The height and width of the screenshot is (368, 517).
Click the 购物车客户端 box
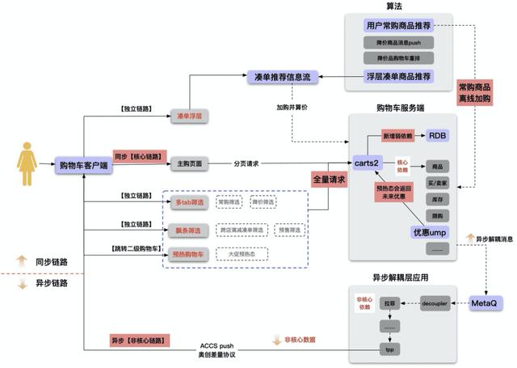(82, 163)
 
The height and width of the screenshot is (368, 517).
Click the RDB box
(437, 134)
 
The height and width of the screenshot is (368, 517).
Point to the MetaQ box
(487, 303)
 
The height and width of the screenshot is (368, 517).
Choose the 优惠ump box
(430, 233)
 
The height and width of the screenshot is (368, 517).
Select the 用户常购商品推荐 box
(398, 25)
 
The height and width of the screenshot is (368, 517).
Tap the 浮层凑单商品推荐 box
(399, 77)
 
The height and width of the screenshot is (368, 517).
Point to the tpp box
(388, 349)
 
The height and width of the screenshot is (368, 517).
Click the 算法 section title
(393, 6)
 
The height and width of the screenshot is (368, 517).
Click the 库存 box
(437, 198)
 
